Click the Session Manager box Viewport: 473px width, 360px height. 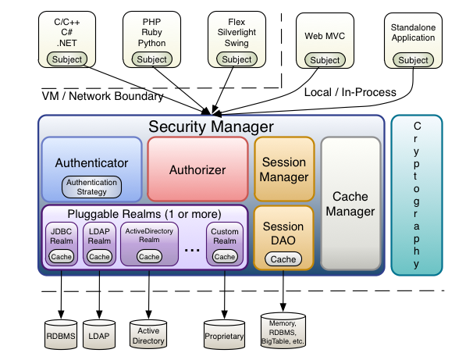[x=284, y=169]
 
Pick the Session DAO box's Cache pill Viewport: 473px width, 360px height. [x=284, y=259]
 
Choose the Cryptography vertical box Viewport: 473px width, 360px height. [x=416, y=194]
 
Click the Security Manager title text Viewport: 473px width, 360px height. [x=212, y=126]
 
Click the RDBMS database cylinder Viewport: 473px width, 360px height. [x=62, y=333]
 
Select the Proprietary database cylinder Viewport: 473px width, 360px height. [x=224, y=333]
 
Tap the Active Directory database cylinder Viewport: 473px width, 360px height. [x=149, y=333]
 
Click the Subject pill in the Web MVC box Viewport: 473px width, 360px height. [x=325, y=60]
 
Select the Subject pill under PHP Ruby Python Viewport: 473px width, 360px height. [x=151, y=59]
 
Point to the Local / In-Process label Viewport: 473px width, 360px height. [x=349, y=92]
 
